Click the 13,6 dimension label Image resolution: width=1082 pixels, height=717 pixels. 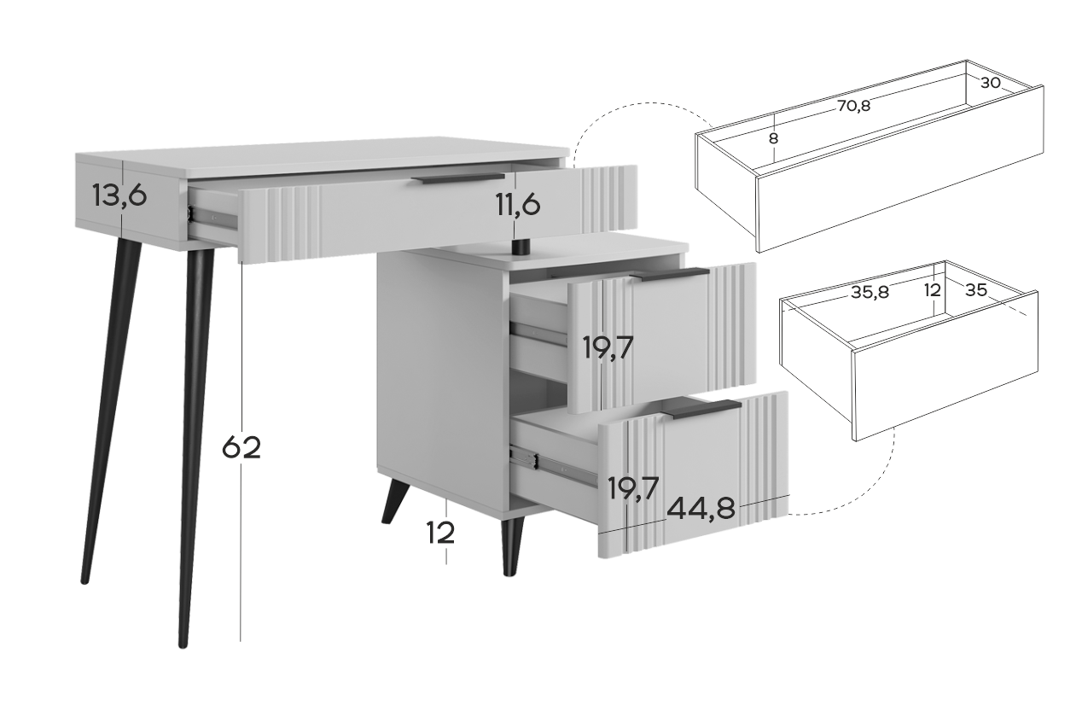coord(119,196)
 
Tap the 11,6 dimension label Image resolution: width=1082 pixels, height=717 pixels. coord(518,205)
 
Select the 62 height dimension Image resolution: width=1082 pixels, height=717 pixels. coord(241,447)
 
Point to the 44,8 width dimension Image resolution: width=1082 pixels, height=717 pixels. coord(701,508)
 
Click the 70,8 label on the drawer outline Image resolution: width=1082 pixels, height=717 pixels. coord(854,106)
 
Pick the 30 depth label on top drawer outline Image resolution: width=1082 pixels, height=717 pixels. coord(990,83)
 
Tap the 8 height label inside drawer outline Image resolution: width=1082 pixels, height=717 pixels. coord(773,138)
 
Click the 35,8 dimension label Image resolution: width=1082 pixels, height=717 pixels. coord(870,292)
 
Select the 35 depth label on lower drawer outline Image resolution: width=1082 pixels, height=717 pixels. coord(975,290)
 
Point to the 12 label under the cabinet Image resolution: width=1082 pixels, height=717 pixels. coord(440,533)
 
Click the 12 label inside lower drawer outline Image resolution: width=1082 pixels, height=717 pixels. coord(933,290)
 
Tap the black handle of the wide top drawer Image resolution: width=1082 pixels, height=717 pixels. coord(458,178)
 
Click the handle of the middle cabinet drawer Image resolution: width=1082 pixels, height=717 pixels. coord(669,275)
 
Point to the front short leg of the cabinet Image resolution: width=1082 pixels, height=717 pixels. coord(512,547)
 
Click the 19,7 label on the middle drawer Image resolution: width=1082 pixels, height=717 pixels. coord(608,347)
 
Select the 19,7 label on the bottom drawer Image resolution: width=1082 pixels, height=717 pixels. coord(633,488)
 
